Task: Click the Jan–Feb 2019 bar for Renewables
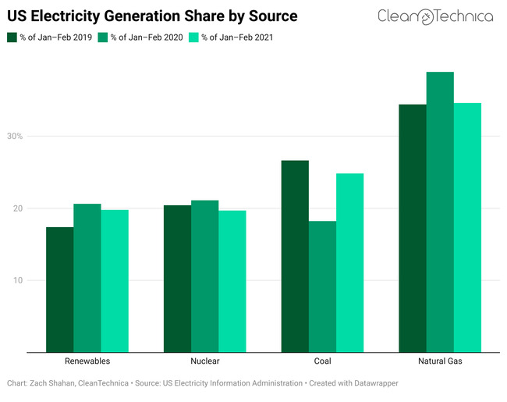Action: [x=60, y=290]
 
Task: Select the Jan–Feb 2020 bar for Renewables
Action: [x=87, y=278]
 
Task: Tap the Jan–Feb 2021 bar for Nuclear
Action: [x=232, y=281]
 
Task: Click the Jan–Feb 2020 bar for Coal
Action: [x=322, y=286]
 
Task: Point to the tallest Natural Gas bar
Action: [x=440, y=212]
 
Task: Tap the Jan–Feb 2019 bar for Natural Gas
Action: [x=413, y=228]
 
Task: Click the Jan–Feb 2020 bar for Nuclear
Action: [x=204, y=276]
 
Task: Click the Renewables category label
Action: [x=87, y=361]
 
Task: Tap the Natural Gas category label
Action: [x=440, y=361]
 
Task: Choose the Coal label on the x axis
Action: [x=322, y=361]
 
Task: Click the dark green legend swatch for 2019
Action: [x=12, y=37]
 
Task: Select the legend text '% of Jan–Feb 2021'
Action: [x=241, y=37]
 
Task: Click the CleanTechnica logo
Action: [x=434, y=16]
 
